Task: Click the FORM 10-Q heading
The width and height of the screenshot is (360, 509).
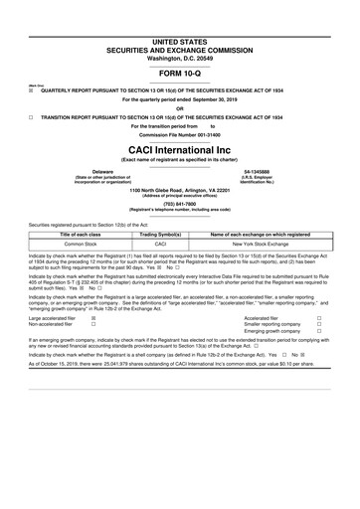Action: point(180,75)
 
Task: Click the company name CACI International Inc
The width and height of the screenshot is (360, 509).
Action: point(180,149)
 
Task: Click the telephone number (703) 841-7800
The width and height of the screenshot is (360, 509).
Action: point(180,205)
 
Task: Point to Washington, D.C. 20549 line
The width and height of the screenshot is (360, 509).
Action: point(180,58)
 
